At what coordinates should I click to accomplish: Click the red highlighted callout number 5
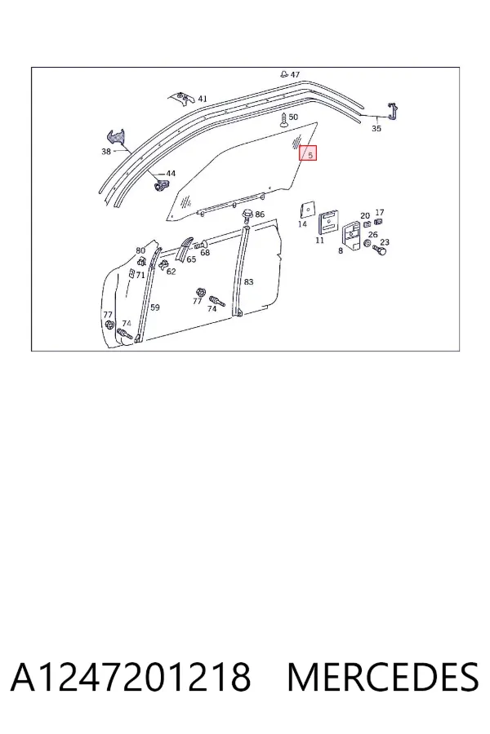pyautogui.click(x=308, y=153)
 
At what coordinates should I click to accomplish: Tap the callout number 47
pyautogui.click(x=295, y=74)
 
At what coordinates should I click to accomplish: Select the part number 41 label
pyautogui.click(x=202, y=99)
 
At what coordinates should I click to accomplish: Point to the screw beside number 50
pyautogui.click(x=283, y=120)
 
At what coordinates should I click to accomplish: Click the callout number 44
pyautogui.click(x=171, y=174)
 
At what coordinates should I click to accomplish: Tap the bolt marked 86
pyautogui.click(x=247, y=214)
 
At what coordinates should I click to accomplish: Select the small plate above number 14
pyautogui.click(x=308, y=210)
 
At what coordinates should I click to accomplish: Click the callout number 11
pyautogui.click(x=320, y=240)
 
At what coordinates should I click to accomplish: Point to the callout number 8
pyautogui.click(x=341, y=250)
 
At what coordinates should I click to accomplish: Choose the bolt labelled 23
pyautogui.click(x=379, y=251)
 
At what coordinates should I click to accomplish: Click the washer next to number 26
pyautogui.click(x=367, y=245)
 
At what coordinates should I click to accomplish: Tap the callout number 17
pyautogui.click(x=380, y=213)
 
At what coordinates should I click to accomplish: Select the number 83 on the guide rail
pyautogui.click(x=248, y=282)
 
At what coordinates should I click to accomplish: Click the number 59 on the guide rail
pyautogui.click(x=154, y=307)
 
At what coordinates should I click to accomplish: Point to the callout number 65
pyautogui.click(x=191, y=259)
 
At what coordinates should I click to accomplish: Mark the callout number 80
pyautogui.click(x=140, y=250)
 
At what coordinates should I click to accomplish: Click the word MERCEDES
pyautogui.click(x=383, y=677)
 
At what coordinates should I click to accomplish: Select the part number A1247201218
pyautogui.click(x=131, y=677)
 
